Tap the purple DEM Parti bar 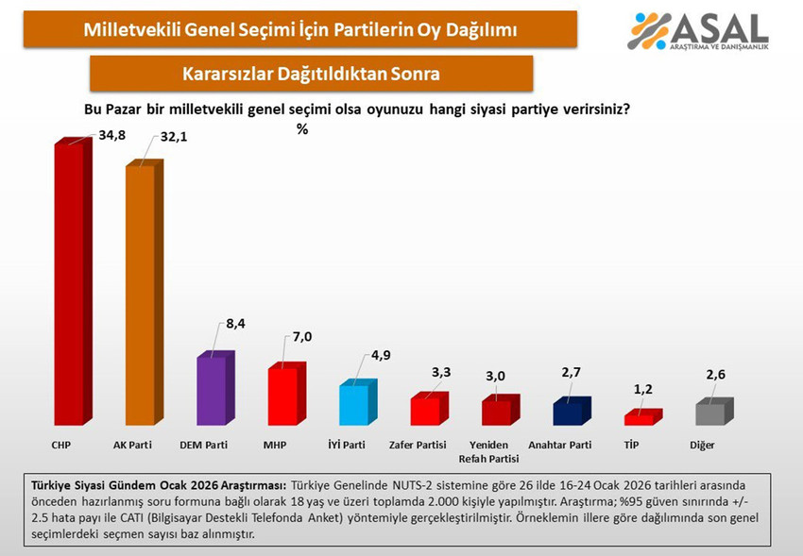[x=211, y=391]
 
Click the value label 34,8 [x=111, y=136]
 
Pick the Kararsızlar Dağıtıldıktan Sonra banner [x=311, y=73]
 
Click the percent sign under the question [x=302, y=129]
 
